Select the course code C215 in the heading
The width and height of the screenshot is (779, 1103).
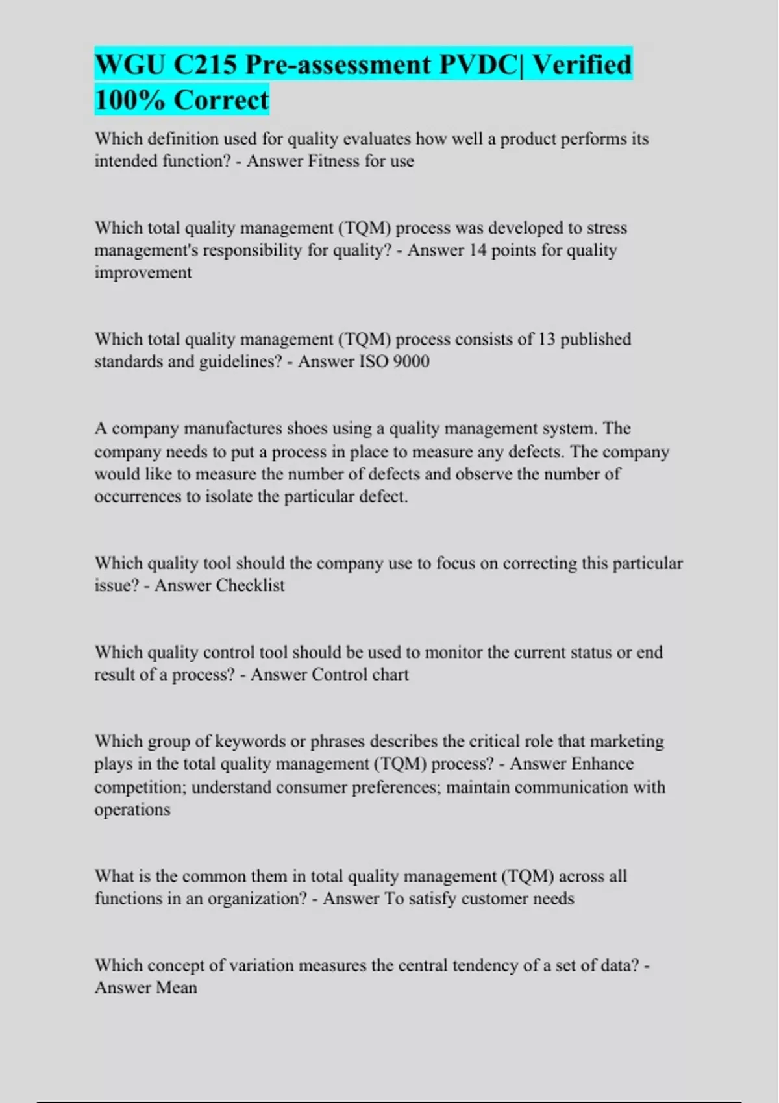pyautogui.click(x=205, y=65)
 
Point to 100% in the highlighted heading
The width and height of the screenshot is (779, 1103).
pyautogui.click(x=129, y=101)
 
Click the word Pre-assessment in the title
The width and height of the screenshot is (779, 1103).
pyautogui.click(x=338, y=65)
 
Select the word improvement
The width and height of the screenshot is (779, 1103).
pyautogui.click(x=143, y=273)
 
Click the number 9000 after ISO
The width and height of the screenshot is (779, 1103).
pyautogui.click(x=411, y=361)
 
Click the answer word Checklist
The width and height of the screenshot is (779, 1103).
pyautogui.click(x=251, y=586)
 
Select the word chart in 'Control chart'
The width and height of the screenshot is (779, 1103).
pyautogui.click(x=390, y=675)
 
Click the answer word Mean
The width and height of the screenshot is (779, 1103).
pyautogui.click(x=173, y=988)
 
